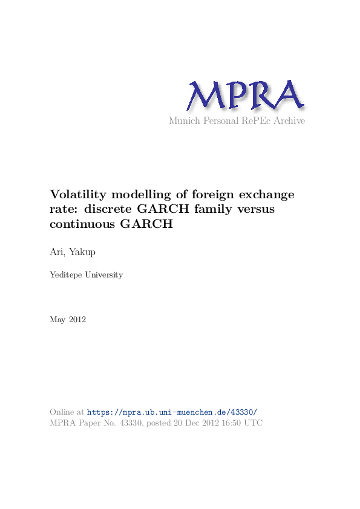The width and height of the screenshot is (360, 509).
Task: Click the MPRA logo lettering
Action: (244, 96)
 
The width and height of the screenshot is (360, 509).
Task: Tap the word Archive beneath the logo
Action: (289, 121)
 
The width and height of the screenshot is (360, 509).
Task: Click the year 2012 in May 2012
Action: (77, 320)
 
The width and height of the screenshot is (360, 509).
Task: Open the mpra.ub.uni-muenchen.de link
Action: (172, 412)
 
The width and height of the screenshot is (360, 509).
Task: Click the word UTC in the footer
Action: (255, 423)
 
